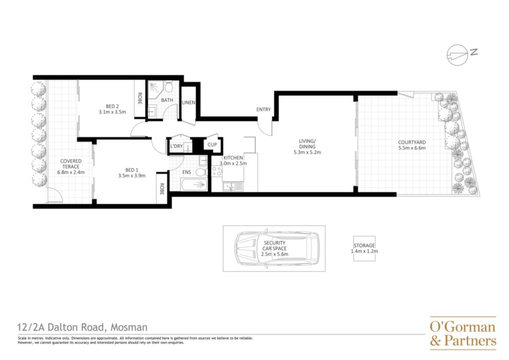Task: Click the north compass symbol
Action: point(457,55)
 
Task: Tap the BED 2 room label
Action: point(112,106)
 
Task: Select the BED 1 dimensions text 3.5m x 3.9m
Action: point(132,176)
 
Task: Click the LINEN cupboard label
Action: point(188,102)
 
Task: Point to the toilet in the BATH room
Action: point(169,87)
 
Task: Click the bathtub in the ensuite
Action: point(194,185)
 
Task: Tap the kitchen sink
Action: point(233,186)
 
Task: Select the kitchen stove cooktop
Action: point(217,171)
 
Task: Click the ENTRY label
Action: point(263,110)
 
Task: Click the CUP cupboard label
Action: point(212,145)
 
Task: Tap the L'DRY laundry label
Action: point(176,146)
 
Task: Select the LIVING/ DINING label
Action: point(307,144)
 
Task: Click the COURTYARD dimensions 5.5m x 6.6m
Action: point(412,148)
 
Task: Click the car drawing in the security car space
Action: point(277,249)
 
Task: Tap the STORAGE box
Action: point(364,248)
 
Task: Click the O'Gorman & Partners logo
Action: point(463,333)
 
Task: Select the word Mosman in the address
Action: point(129,327)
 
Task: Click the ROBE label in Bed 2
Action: point(140,98)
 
